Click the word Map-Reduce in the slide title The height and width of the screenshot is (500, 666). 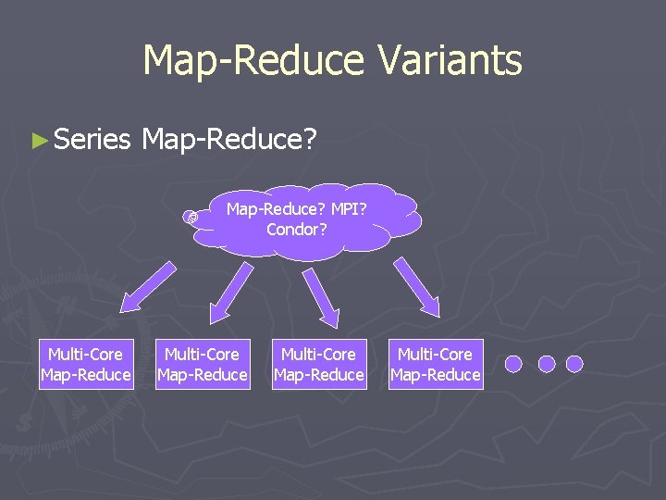(x=254, y=61)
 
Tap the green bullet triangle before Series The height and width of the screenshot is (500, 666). (x=38, y=141)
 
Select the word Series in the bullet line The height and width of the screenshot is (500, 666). (x=92, y=140)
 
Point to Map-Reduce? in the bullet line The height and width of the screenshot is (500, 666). (x=229, y=140)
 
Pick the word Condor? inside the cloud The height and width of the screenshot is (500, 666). (x=296, y=229)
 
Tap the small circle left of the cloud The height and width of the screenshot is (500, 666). (x=191, y=217)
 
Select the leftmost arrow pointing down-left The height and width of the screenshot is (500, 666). (x=149, y=285)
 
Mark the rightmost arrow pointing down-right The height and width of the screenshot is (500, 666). (x=417, y=285)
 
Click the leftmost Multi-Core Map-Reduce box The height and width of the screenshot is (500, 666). (x=86, y=364)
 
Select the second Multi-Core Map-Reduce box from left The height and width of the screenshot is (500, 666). (x=203, y=364)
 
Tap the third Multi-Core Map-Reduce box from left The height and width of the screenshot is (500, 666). (x=319, y=364)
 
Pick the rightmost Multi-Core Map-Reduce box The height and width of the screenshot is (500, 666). (x=436, y=364)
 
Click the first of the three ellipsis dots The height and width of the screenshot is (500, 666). (x=516, y=364)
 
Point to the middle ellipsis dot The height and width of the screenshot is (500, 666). (x=546, y=364)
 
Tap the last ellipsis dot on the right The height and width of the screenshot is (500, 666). (x=574, y=364)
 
